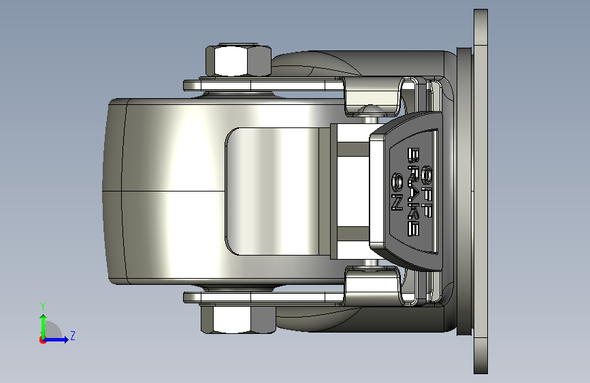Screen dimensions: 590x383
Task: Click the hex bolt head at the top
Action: click(239, 61)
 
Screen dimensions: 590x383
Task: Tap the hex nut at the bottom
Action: click(239, 320)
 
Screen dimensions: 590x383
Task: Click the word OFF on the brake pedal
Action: click(426, 191)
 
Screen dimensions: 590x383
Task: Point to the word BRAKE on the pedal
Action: click(414, 191)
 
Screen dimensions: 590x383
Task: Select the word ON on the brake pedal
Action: click(397, 191)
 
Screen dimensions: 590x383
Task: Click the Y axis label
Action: click(43, 307)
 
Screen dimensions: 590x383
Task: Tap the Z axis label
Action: click(73, 335)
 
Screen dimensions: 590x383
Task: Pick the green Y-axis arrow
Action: click(44, 326)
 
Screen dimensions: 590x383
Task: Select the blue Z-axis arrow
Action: click(56, 339)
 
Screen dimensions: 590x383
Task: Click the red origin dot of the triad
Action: click(42, 340)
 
